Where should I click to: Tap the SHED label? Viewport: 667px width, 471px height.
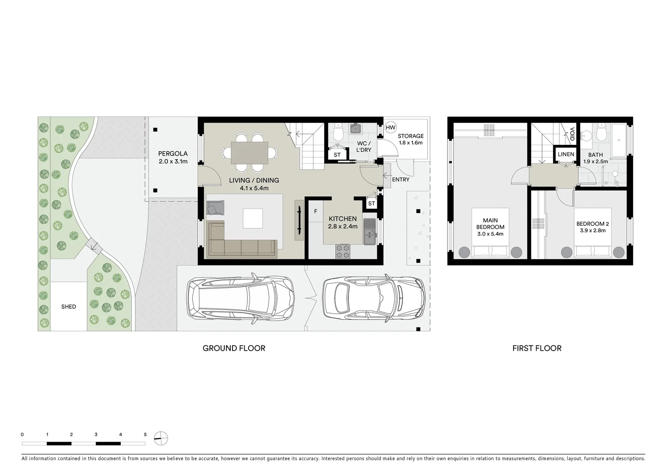pyautogui.click(x=68, y=307)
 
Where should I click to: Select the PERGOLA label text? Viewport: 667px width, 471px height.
pyautogui.click(x=173, y=154)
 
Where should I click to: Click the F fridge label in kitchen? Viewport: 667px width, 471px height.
pyautogui.click(x=315, y=212)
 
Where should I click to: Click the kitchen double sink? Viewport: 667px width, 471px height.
pyautogui.click(x=369, y=231)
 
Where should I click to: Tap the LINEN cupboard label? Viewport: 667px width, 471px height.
pyautogui.click(x=566, y=154)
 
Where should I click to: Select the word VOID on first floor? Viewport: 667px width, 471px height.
pyautogui.click(x=572, y=133)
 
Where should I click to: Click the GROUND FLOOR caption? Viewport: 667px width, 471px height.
pyautogui.click(x=234, y=348)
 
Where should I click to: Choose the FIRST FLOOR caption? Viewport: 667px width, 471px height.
pyautogui.click(x=537, y=348)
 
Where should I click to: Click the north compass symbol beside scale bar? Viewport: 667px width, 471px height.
pyautogui.click(x=161, y=438)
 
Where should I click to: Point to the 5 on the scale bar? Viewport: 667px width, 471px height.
pyautogui.click(x=145, y=434)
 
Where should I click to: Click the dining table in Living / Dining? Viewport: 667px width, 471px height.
pyautogui.click(x=250, y=153)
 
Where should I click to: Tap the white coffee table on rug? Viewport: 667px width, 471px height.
pyautogui.click(x=253, y=218)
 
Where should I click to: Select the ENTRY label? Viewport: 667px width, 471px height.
pyautogui.click(x=400, y=180)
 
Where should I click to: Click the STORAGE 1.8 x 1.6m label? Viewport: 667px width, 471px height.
pyautogui.click(x=410, y=139)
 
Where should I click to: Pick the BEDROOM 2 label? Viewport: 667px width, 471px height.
pyautogui.click(x=592, y=227)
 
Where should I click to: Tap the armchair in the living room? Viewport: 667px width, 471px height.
pyautogui.click(x=215, y=208)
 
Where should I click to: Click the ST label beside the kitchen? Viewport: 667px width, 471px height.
pyautogui.click(x=371, y=204)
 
